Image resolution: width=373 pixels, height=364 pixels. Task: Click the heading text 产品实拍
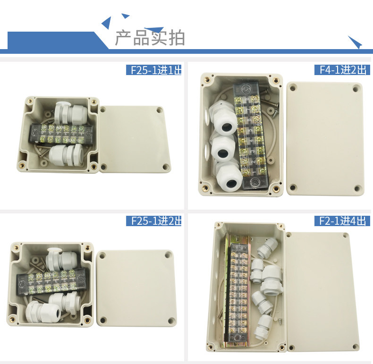coord(150,38)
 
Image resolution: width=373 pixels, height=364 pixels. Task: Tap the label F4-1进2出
coord(343,70)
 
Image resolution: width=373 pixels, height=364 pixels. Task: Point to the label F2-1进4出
coord(342,221)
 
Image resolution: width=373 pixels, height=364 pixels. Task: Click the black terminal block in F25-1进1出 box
coord(61,135)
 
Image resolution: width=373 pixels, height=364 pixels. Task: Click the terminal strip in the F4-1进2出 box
coord(250,135)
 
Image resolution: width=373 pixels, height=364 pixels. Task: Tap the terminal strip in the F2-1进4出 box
coord(238,291)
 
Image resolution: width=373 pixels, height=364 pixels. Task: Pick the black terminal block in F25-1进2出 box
coord(51,282)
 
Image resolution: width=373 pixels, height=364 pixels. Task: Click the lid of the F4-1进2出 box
coord(325,139)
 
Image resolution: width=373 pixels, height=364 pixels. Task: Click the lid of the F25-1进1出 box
coord(135,139)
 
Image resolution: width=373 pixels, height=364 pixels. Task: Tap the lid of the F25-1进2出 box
coord(136,288)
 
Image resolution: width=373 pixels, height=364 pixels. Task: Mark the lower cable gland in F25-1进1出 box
coord(66,154)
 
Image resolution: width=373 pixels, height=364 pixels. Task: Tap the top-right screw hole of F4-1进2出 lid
coord(356,89)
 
